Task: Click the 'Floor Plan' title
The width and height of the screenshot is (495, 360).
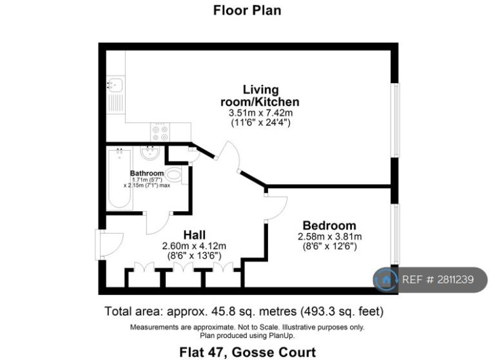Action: point(247,10)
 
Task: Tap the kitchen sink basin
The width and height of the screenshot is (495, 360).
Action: point(115,84)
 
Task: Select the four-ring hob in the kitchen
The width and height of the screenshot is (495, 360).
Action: point(160,132)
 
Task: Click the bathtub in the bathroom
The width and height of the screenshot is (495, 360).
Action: point(119,179)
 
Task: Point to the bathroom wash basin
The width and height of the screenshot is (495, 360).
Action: point(150,153)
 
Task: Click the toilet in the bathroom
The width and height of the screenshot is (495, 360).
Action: point(173,175)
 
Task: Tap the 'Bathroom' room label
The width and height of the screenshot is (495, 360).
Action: point(147,173)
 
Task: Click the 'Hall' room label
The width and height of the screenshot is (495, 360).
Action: point(195,235)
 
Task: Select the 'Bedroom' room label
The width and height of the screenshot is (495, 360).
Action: point(329,225)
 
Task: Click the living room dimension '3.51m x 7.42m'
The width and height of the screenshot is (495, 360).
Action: point(260,113)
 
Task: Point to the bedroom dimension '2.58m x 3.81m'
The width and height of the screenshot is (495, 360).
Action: point(329,236)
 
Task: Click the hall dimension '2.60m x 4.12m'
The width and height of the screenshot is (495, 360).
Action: point(194,246)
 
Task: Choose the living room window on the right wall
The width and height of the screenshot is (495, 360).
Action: point(395,120)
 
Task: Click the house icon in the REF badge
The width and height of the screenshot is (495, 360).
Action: point(385,279)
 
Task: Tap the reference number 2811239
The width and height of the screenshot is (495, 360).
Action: point(456,279)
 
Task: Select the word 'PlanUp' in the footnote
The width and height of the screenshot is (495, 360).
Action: point(281,336)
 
